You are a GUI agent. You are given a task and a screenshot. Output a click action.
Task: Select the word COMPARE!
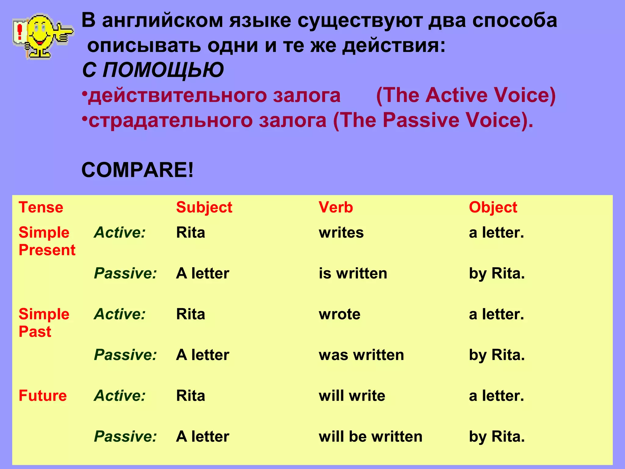[137, 170]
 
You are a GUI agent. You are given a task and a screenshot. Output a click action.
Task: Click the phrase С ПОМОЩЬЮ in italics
[153, 70]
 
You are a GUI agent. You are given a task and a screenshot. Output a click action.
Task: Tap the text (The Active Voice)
[466, 95]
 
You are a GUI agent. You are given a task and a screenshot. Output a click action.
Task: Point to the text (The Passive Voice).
[433, 120]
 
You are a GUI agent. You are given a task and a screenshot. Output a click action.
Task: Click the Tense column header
[41, 207]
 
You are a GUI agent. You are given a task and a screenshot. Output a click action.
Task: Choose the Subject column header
[204, 208]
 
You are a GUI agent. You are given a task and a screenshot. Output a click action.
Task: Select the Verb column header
[336, 207]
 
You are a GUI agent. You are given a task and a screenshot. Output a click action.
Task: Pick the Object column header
[493, 208]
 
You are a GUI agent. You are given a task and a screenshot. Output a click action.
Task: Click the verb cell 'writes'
[341, 233]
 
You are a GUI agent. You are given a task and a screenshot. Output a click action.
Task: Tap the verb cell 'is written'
[353, 273]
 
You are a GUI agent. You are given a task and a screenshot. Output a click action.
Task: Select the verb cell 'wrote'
[339, 314]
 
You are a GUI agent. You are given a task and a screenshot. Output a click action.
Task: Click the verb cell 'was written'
[361, 355]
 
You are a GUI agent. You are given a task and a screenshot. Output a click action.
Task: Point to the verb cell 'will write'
[352, 396]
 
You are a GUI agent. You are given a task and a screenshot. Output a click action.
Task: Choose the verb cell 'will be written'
[370, 436]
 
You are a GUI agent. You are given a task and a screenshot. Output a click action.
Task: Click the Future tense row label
[42, 396]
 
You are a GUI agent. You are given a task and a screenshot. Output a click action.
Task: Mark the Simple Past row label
[44, 323]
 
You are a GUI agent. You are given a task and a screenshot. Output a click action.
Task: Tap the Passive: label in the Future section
[125, 436]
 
